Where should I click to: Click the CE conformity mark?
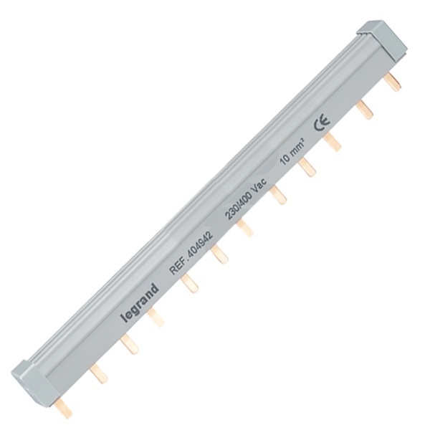[x=322, y=124]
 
